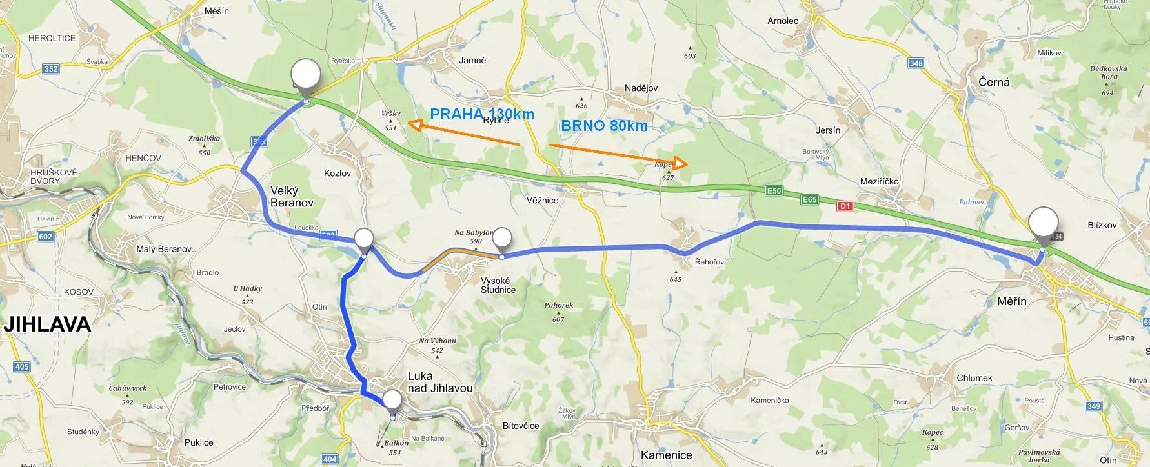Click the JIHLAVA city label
47,324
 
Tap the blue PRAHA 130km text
481,114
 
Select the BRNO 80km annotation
604,126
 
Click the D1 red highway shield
845,206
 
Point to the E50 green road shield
774,191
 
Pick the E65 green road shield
810,200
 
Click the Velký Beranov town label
292,197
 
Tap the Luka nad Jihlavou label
439,382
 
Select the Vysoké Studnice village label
498,285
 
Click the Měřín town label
1011,301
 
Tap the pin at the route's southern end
392,401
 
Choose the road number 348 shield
916,63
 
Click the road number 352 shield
51,69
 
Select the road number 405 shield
22,366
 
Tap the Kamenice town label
666,455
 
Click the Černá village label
994,82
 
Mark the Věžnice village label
542,200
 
